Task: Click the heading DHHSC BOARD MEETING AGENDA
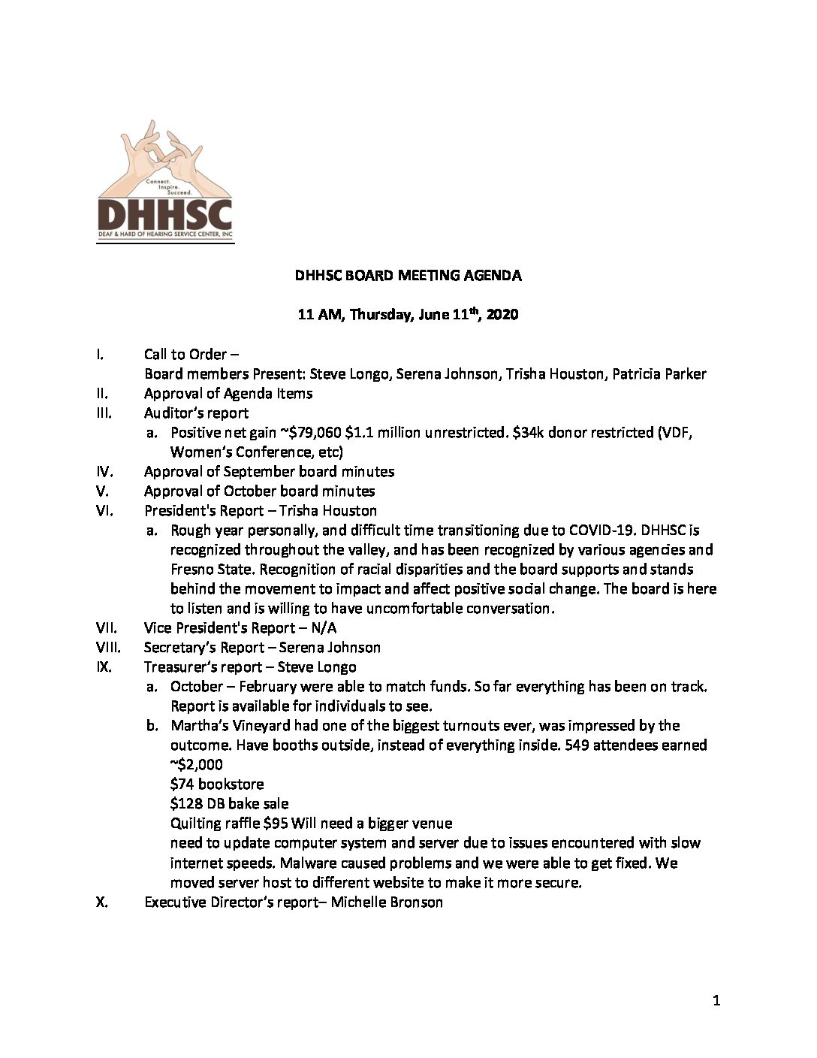pyautogui.click(x=408, y=275)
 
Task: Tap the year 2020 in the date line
pyautogui.click(x=502, y=315)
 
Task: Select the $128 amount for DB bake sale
pyautogui.click(x=186, y=803)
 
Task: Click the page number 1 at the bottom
pyautogui.click(x=716, y=999)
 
